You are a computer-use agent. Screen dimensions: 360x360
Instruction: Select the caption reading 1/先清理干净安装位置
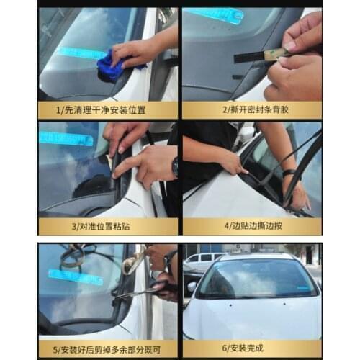[107, 109]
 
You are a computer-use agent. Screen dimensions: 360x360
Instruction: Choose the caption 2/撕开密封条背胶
[251, 109]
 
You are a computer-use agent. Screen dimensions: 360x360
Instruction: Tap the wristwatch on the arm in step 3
[174, 167]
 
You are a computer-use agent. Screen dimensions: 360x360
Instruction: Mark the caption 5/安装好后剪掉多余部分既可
[107, 349]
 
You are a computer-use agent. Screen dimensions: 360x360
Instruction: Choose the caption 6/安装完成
[251, 349]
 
